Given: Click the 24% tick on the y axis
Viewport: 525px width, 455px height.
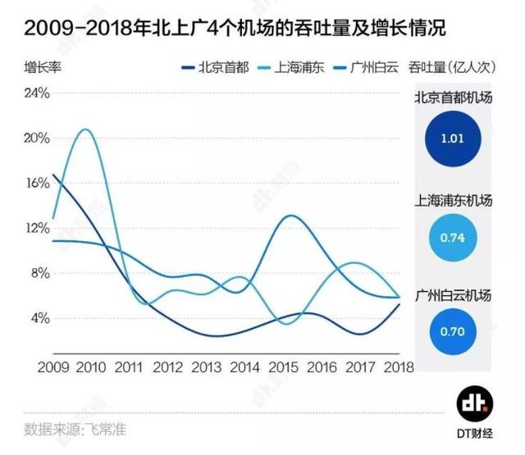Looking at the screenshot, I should pyautogui.click(x=39, y=93).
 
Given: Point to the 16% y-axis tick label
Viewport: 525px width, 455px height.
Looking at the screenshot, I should pyautogui.click(x=39, y=183).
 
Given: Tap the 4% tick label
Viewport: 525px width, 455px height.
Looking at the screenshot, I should pyautogui.click(x=42, y=318).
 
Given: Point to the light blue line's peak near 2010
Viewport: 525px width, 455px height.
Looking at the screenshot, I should pyautogui.click(x=84, y=130).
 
